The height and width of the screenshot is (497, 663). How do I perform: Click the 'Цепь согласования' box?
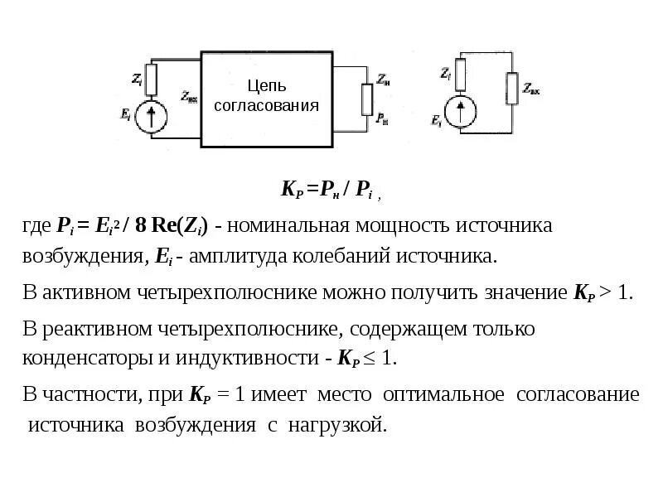(266, 95)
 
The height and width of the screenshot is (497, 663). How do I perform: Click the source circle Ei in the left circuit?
(151, 117)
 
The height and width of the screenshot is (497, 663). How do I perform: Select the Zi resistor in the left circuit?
(151, 77)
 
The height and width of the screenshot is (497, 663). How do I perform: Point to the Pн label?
(382, 119)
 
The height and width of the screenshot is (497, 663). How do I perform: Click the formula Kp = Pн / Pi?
(329, 190)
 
